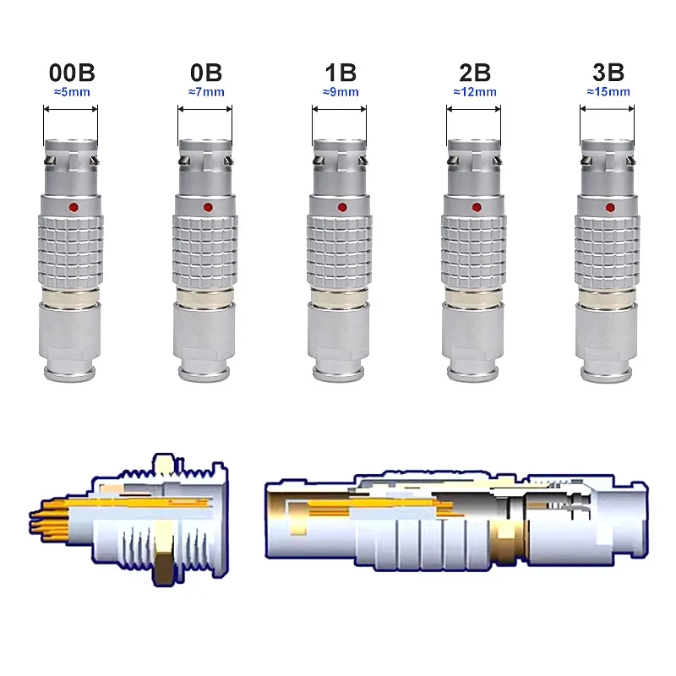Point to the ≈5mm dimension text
tap(71, 91)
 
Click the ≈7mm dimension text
tap(206, 91)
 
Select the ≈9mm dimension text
tap(339, 91)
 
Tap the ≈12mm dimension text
tap(474, 91)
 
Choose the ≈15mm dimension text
tap(608, 91)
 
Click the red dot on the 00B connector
tap(73, 207)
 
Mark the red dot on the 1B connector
tap(341, 207)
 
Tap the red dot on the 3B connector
tap(609, 207)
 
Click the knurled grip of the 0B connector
tap(206, 249)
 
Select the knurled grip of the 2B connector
tap(474, 249)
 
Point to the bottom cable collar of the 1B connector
tap(340, 338)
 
